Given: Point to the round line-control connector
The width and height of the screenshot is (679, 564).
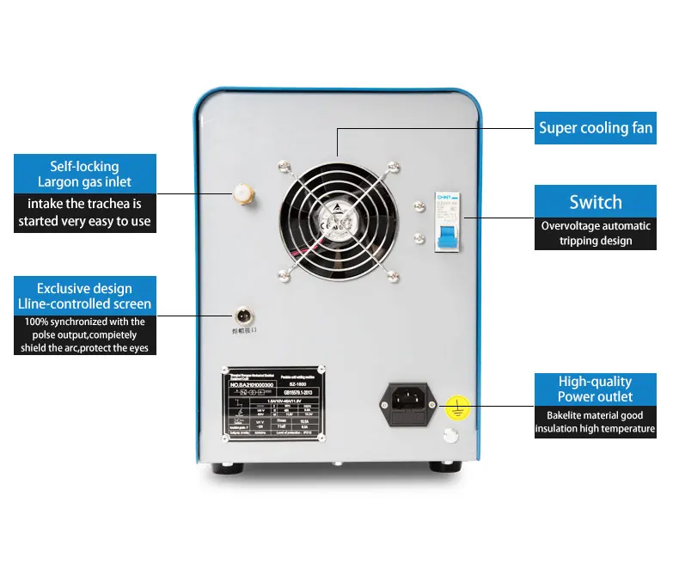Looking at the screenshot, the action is tap(245, 315).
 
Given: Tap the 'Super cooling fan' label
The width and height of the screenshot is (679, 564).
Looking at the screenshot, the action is tap(595, 128).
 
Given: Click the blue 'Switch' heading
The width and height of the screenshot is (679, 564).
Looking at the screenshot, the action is tap(595, 202).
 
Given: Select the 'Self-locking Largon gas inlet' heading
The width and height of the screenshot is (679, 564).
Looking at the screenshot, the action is tap(84, 174).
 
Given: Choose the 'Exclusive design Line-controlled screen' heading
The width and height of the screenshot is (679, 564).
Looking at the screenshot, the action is tap(84, 296).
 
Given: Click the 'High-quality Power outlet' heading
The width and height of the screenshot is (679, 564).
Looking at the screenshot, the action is tap(595, 389).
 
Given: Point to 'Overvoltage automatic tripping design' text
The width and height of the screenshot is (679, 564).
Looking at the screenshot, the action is tap(595, 233).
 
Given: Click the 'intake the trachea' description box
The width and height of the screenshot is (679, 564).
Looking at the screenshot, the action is tap(84, 212).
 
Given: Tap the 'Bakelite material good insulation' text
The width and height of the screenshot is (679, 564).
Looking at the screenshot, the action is tap(595, 421).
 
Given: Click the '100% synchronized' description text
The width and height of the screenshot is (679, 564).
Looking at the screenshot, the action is tap(84, 334).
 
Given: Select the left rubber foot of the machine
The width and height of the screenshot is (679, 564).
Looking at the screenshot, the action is tap(228, 468).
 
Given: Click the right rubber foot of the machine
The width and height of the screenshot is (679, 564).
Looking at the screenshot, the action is tap(442, 468).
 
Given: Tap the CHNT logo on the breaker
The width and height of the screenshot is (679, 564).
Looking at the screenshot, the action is tap(442, 197).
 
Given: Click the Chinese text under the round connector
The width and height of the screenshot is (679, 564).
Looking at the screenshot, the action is tap(247, 332).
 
